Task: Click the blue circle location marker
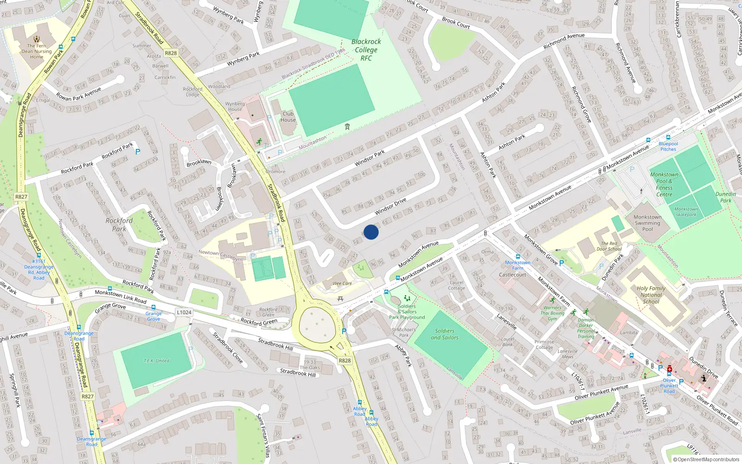(x=371, y=232)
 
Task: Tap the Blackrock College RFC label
(x=366, y=50)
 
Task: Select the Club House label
(x=288, y=117)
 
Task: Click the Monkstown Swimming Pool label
(x=647, y=223)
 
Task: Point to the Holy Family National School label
(x=651, y=295)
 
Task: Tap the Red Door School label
(x=609, y=246)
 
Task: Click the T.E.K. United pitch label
(x=156, y=361)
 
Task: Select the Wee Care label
(x=342, y=284)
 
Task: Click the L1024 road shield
(x=184, y=312)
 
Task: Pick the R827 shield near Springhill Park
(x=87, y=397)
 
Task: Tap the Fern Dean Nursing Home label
(x=37, y=52)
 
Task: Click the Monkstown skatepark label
(x=686, y=212)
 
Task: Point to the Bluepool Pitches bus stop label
(x=668, y=146)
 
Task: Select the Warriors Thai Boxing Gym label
(x=552, y=313)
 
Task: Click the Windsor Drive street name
(x=390, y=206)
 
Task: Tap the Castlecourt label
(x=512, y=275)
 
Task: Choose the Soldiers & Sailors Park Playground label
(x=407, y=312)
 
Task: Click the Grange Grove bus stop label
(x=154, y=316)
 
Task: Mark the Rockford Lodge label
(x=192, y=91)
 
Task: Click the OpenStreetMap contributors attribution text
(x=706, y=459)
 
